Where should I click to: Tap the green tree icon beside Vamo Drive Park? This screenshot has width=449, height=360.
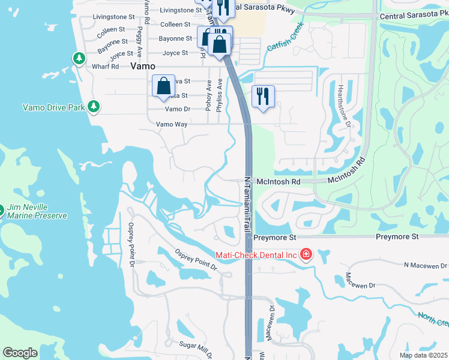pyautogui.click(x=93, y=107)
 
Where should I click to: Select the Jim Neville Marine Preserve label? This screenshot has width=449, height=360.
pyautogui.click(x=37, y=211)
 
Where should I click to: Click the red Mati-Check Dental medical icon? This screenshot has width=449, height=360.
pyautogui.click(x=306, y=254)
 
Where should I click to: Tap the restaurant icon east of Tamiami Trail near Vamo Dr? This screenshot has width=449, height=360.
pyautogui.click(x=262, y=97)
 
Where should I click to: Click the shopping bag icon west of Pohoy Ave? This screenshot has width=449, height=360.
pyautogui.click(x=163, y=87)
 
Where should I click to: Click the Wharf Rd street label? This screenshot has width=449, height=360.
pyautogui.click(x=106, y=67)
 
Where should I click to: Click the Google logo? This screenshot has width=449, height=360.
pyautogui.click(x=20, y=353)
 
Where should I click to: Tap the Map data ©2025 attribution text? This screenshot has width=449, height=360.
pyautogui.click(x=423, y=355)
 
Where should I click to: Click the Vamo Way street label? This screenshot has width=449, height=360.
pyautogui.click(x=172, y=124)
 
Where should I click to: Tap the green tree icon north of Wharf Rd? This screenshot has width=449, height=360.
pyautogui.click(x=79, y=58)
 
